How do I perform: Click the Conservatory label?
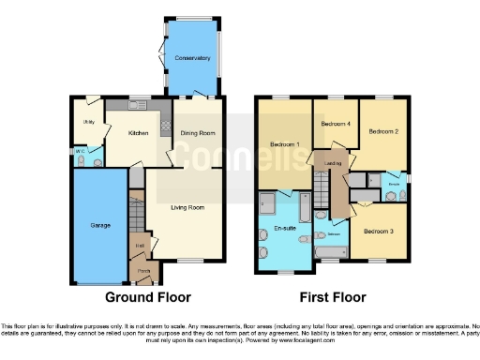tap(192, 58)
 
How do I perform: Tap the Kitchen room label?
tap(139, 133)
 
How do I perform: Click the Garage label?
tap(100, 226)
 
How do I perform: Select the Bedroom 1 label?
tap(285, 144)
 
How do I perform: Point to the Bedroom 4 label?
tap(336, 124)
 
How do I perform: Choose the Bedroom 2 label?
tap(383, 132)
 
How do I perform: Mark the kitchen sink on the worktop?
tap(138, 103)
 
